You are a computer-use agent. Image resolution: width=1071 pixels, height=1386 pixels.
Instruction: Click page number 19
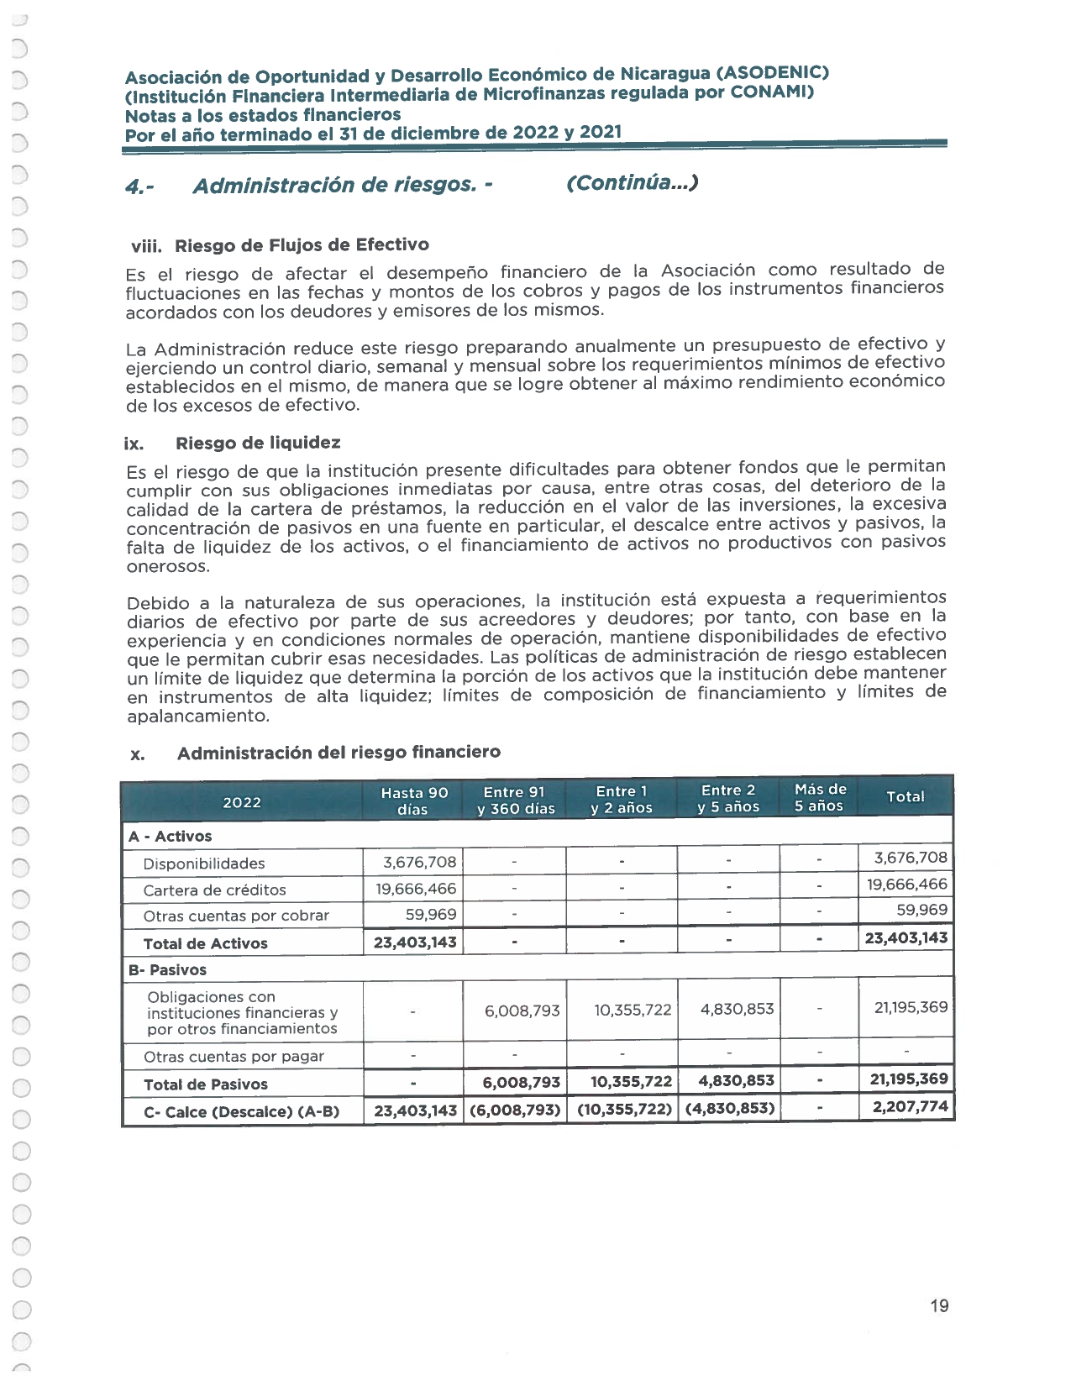pyautogui.click(x=939, y=1306)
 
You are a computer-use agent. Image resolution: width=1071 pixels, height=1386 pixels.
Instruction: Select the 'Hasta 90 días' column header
pyautogui.click(x=413, y=801)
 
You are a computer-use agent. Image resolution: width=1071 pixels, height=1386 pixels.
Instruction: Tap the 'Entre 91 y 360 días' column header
pyautogui.click(x=515, y=801)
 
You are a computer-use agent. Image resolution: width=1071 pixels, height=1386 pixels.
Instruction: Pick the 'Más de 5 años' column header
pyautogui.click(x=820, y=797)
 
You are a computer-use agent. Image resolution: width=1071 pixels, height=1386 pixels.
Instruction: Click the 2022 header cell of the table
pyautogui.click(x=242, y=802)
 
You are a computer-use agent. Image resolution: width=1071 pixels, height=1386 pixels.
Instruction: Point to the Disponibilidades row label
pyautogui.click(x=204, y=864)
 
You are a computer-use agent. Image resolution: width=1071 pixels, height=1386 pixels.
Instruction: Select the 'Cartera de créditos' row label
pyautogui.click(x=214, y=890)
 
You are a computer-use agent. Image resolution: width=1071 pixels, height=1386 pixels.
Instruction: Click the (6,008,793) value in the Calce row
pyautogui.click(x=515, y=1110)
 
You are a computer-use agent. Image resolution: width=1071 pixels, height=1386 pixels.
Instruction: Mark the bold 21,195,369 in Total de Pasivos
pyautogui.click(x=908, y=1079)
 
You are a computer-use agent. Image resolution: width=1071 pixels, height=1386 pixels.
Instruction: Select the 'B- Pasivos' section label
pyautogui.click(x=167, y=969)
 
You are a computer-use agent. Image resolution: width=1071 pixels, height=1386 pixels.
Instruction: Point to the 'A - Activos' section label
pyautogui.click(x=170, y=837)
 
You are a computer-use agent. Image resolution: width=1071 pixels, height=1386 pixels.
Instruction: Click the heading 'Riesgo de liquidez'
pyautogui.click(x=258, y=443)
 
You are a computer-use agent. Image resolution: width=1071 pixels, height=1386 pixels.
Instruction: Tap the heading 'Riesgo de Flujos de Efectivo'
pyautogui.click(x=302, y=245)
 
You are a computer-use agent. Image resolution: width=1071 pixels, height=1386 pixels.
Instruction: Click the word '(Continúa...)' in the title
pyautogui.click(x=633, y=183)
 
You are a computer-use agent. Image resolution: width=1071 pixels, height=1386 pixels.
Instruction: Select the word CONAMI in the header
pyautogui.click(x=769, y=92)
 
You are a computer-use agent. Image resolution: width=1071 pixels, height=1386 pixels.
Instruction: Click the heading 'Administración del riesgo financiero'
pyautogui.click(x=339, y=753)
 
